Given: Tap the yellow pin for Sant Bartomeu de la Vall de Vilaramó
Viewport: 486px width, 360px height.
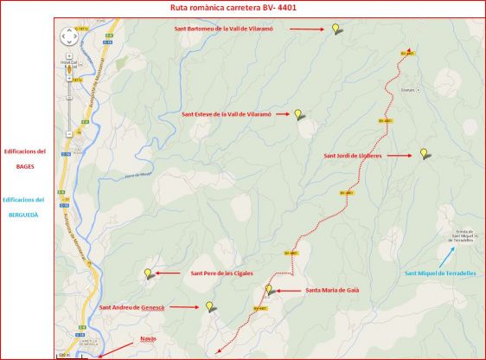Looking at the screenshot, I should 336,28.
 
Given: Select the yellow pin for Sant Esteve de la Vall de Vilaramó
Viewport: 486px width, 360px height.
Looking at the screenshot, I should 297,113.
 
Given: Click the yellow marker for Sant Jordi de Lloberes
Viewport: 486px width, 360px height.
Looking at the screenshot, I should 423,153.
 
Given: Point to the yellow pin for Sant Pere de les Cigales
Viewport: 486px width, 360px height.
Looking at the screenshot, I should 148,273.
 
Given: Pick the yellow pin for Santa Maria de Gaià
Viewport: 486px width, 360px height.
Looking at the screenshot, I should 268,289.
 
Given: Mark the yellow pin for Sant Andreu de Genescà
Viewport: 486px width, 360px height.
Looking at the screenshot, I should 208,305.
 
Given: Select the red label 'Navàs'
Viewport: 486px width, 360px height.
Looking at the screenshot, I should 149,337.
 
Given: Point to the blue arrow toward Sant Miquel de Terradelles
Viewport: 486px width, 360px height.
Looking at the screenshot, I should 445,256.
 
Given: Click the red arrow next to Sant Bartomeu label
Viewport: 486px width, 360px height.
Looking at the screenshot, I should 305,29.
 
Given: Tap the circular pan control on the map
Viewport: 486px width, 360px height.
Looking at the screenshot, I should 70,36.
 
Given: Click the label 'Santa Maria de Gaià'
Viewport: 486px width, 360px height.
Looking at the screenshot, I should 332,290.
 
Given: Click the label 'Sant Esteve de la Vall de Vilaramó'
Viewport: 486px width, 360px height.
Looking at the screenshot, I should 227,114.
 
